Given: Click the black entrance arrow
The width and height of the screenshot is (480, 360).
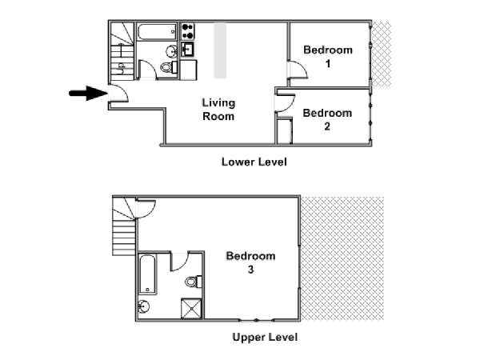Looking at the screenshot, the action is (x=88, y=93).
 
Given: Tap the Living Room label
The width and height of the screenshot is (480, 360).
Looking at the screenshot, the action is (x=218, y=110).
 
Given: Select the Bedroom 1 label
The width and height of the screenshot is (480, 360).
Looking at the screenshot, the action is (x=328, y=57).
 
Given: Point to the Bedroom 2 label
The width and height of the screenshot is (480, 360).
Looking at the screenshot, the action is (x=327, y=119).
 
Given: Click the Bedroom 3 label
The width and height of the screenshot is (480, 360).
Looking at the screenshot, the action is (x=250, y=262).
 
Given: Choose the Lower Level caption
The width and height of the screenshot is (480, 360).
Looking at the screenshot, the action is (x=254, y=162).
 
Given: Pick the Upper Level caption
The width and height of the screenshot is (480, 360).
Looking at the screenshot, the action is (x=265, y=337).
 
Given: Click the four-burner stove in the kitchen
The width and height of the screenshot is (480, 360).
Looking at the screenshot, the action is (x=187, y=31).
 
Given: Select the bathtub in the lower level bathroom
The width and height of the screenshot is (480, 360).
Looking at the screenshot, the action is (x=157, y=32).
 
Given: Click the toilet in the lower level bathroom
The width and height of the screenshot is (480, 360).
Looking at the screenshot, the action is (x=169, y=67).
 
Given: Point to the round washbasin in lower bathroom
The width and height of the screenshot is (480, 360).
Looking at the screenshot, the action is (x=171, y=51).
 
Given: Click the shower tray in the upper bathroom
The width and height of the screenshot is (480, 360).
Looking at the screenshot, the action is (x=191, y=309).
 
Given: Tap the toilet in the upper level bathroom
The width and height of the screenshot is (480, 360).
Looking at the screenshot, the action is (x=194, y=282).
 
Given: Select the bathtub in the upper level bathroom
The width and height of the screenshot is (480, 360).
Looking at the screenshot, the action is (x=147, y=274).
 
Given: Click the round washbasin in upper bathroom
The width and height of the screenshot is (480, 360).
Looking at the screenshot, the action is (x=143, y=306).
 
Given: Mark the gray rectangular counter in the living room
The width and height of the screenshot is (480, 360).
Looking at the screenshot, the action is (x=220, y=51).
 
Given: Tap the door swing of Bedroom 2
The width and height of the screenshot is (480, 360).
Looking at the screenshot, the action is (x=286, y=104).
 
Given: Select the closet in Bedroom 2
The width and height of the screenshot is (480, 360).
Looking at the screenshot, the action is (x=284, y=130).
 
